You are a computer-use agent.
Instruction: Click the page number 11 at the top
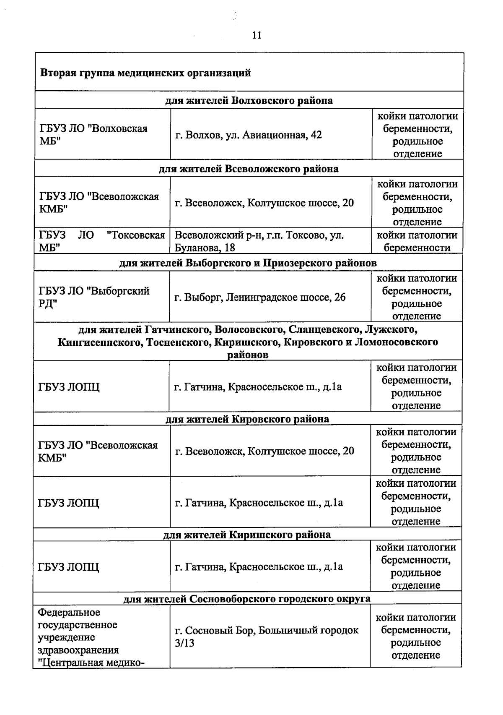tap(257, 35)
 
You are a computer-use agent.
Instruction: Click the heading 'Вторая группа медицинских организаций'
tap(145, 73)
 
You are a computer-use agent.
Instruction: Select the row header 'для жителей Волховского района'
tap(249, 101)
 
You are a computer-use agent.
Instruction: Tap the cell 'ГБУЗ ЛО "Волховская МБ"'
tap(93, 135)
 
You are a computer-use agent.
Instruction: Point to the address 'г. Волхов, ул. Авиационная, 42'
tap(249, 135)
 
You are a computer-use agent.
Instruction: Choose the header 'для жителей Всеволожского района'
tap(249, 169)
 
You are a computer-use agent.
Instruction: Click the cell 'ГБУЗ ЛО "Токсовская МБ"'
tap(102, 241)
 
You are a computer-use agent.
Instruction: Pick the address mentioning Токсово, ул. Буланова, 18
tap(259, 241)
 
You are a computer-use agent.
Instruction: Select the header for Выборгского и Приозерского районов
tap(248, 263)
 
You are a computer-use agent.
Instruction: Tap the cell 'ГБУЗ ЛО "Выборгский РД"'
tap(94, 297)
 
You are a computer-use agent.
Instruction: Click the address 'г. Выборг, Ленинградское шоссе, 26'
tap(260, 297)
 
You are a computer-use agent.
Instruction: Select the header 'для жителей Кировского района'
tap(247, 419)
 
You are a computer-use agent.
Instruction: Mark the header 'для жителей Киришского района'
tap(247, 535)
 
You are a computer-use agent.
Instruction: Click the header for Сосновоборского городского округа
tap(247, 598)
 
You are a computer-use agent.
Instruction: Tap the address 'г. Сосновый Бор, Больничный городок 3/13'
tap(267, 637)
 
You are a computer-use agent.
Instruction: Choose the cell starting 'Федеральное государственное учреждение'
tap(91, 637)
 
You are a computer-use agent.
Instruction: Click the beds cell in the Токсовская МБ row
tap(417, 241)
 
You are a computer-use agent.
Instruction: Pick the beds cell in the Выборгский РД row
tap(417, 297)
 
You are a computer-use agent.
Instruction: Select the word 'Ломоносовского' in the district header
tap(396, 342)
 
